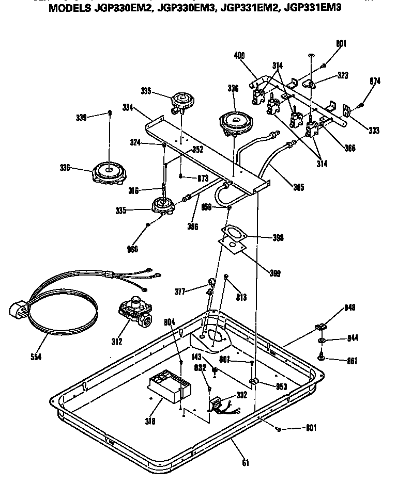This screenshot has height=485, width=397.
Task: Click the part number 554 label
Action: pyautogui.click(x=35, y=357)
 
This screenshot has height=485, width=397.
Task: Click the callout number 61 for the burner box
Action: pyautogui.click(x=246, y=462)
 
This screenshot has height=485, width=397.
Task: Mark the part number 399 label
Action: pyautogui.click(x=275, y=273)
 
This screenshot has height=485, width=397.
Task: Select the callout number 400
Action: pyautogui.click(x=239, y=56)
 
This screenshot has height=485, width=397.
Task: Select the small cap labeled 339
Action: pyautogui.click(x=110, y=112)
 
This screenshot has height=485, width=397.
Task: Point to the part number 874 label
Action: pyautogui.click(x=375, y=81)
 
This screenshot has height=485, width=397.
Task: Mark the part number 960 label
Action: pyautogui.click(x=132, y=250)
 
